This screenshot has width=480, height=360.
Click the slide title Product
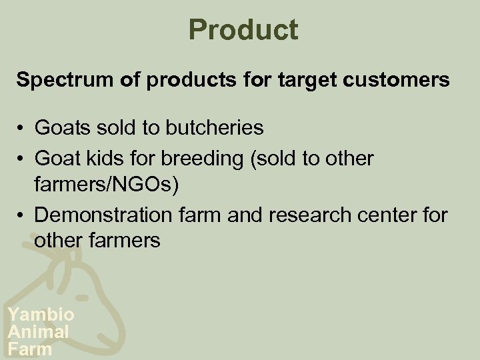coord(243,29)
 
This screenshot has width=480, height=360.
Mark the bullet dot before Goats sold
coord(22,128)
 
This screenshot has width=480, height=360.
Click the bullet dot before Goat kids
coord(22,159)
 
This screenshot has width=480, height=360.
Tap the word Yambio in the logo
coord(41,315)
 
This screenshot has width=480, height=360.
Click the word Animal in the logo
coord(38,331)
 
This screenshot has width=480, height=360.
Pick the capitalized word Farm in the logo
coord(30,348)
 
